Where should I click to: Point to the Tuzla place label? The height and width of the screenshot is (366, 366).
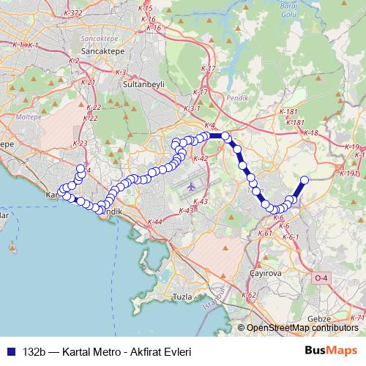183,296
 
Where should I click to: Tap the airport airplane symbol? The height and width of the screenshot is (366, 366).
192,186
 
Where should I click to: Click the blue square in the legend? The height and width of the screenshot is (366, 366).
9,351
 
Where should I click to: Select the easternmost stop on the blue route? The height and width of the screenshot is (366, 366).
305,180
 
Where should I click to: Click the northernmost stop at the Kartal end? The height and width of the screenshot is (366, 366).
81,168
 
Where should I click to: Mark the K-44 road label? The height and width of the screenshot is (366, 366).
154,221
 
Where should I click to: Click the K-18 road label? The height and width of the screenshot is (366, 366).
311,133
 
